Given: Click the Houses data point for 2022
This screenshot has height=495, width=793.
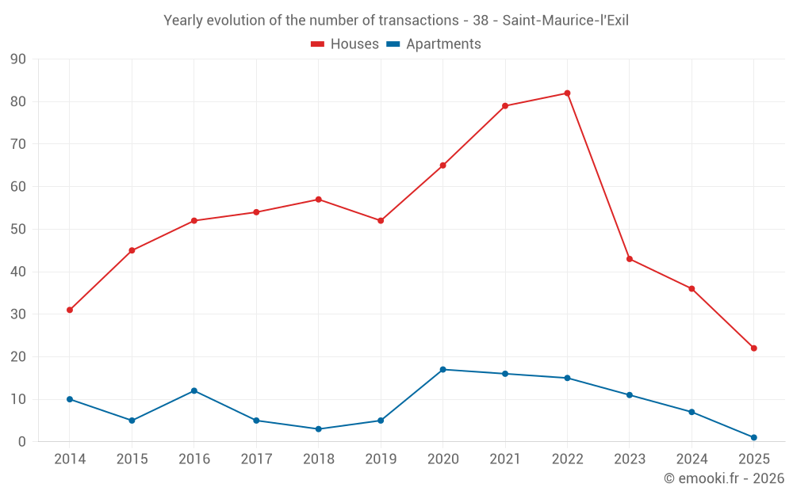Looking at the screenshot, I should pos(567,93).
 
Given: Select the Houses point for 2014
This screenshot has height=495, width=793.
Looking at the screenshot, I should pos(70,310).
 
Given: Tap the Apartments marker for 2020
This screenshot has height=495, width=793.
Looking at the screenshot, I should pos(442,370).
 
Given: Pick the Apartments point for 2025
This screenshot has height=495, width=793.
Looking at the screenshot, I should pos(753,437).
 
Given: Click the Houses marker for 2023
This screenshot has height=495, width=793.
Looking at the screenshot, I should pos(630,259).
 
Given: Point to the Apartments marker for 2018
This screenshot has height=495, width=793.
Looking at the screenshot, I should pos(319,429).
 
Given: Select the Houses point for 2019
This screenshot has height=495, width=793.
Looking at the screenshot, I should pos(381,221).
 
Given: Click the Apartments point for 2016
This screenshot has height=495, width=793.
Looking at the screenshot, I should pos(194,390).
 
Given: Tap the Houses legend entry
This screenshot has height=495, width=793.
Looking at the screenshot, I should pos(345,44).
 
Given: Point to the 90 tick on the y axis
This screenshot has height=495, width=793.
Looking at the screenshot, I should pos(18,59).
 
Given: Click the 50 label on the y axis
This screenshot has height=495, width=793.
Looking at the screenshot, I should pos(18,230).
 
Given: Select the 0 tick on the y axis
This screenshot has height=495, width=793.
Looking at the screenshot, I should pos(22,442).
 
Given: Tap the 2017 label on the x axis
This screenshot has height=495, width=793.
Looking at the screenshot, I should pos(256,459).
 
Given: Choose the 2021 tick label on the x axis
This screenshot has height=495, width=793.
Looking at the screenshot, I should pos(505,459).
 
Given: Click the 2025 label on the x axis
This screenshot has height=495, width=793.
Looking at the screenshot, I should pos(753,459).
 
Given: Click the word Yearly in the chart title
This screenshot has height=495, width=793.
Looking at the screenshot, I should pos(184,21).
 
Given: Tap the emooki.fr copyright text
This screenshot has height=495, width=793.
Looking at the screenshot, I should pos(724,478).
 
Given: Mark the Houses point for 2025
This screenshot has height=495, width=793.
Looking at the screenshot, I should pos(753,348).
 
